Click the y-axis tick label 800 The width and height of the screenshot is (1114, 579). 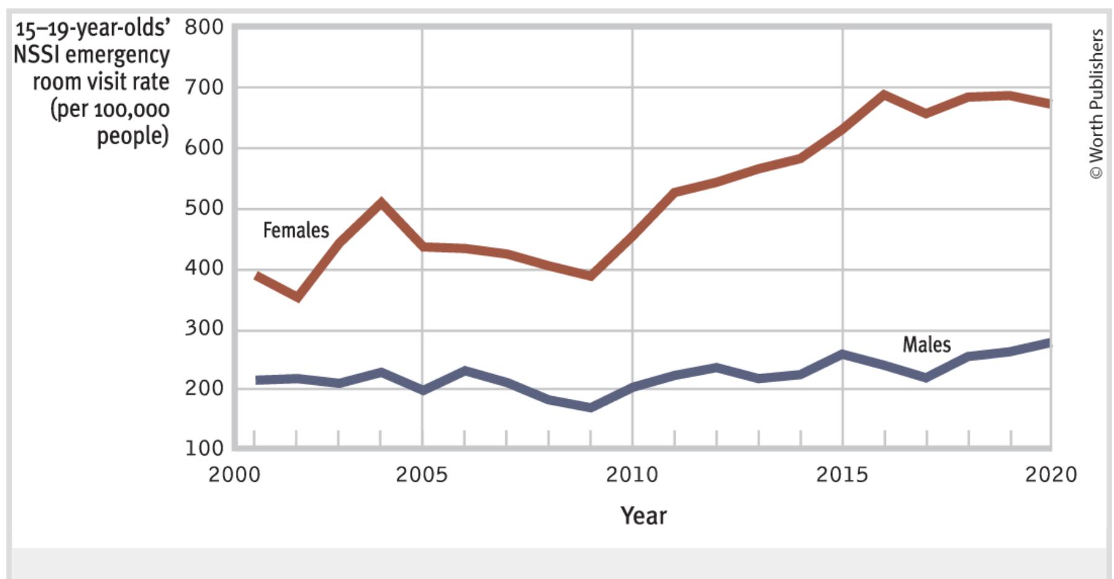tap(204, 27)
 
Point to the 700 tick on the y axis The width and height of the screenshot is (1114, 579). tap(204, 88)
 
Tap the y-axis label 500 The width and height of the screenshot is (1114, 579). tap(204, 208)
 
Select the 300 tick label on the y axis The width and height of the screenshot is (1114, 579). tap(204, 328)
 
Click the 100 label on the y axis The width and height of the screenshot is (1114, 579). tap(204, 448)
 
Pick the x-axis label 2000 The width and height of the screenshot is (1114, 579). tap(234, 475)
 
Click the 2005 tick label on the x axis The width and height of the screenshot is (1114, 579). tap(422, 475)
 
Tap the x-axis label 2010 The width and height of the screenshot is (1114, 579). tap(632, 475)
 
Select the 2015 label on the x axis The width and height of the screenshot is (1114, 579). tap(842, 475)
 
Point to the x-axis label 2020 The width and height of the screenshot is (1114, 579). tap(1051, 475)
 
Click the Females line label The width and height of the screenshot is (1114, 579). tap(296, 230)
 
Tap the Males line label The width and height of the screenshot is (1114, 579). tap(926, 344)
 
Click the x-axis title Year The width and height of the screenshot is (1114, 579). tap(643, 515)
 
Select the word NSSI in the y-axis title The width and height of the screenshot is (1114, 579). tap(37, 54)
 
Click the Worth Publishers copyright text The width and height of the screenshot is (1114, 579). tap(1096, 104)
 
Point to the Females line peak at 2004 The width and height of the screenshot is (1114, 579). tap(381, 202)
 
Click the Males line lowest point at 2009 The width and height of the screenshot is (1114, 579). tap(591, 407)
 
